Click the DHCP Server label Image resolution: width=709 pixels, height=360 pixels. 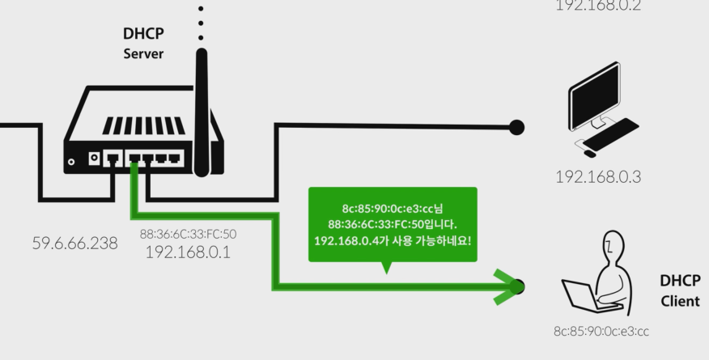pos(143,44)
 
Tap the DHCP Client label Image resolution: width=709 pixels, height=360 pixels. pos(680,290)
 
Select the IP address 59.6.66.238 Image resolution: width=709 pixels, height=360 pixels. pos(74,243)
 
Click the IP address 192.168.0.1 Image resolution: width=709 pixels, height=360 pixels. pos(188,252)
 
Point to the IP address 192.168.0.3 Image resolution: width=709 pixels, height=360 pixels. pos(597,177)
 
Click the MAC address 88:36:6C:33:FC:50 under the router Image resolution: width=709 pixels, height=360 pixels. pos(188,235)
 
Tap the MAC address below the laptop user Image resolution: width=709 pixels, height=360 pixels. pos(601,331)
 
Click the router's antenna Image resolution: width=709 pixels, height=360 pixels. pos(202,105)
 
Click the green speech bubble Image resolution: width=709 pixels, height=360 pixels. pos(393,225)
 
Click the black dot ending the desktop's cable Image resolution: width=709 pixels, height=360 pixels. pos(516,127)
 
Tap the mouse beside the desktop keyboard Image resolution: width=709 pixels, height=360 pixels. pos(589,152)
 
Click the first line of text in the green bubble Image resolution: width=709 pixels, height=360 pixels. pos(393,208)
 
